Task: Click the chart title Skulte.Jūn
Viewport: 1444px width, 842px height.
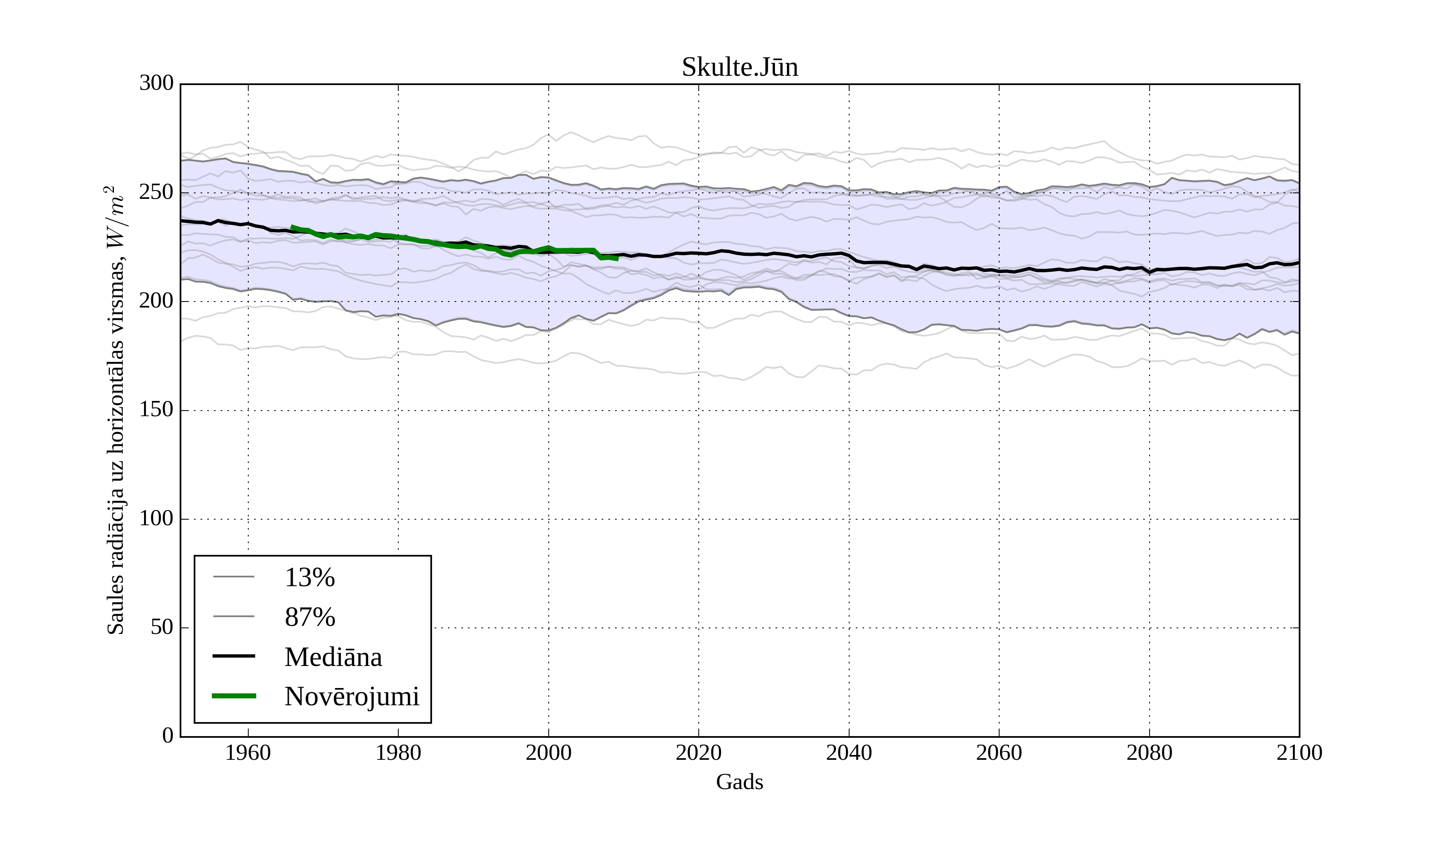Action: coord(739,68)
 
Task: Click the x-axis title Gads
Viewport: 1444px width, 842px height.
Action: coord(739,782)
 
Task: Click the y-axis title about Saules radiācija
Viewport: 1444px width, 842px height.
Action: coord(116,410)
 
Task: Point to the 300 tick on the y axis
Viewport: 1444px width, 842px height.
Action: coord(156,84)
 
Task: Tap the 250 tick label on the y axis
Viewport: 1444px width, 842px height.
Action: coord(156,192)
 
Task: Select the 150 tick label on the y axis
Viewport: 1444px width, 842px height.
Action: coord(156,410)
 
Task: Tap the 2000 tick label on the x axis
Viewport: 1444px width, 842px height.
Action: coord(548,753)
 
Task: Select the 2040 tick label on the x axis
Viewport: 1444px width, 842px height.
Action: coord(849,753)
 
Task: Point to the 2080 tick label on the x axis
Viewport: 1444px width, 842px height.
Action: coord(1149,753)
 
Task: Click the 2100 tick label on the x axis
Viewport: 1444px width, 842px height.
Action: coord(1299,753)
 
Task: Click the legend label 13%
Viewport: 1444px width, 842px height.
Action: coord(309,577)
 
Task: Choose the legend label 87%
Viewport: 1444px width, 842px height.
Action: coord(309,617)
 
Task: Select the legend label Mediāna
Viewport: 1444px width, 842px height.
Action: coord(333,657)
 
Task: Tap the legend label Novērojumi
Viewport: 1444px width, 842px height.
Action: coord(352,696)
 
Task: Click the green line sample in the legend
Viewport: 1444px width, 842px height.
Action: coord(234,696)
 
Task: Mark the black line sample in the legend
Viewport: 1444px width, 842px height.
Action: coord(234,656)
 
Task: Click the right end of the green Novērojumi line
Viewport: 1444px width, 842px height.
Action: coord(618,259)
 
